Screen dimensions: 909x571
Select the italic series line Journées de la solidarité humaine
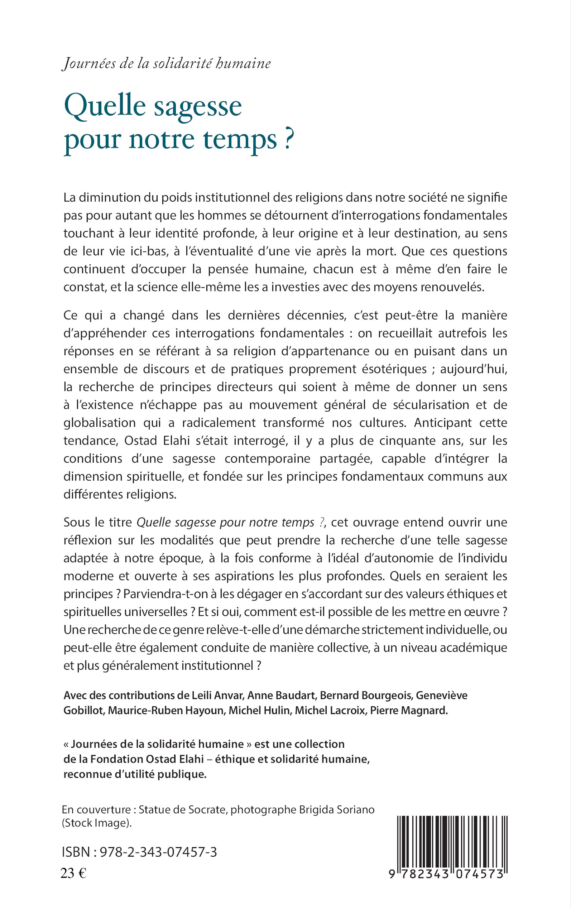[166, 63]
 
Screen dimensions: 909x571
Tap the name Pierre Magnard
[409, 711]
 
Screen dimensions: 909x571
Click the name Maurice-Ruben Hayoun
[165, 711]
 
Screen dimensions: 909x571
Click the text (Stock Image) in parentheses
[97, 823]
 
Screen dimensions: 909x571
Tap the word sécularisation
[432, 405]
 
